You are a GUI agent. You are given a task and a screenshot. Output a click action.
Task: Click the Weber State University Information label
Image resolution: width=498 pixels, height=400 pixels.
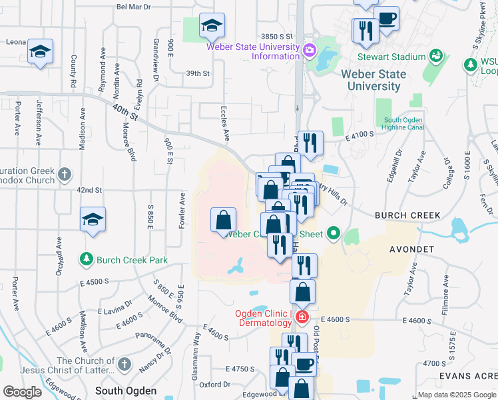(x=253, y=51)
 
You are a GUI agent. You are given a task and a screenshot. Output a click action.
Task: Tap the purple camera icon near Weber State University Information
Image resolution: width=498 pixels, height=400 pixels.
(x=309, y=51)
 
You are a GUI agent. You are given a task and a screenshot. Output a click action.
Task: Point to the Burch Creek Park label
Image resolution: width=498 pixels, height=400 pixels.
(x=131, y=259)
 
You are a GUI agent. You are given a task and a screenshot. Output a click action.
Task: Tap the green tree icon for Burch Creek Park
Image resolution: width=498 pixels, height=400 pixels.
(x=86, y=259)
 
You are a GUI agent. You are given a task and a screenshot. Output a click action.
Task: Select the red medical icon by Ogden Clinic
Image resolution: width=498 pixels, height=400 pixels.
(x=302, y=316)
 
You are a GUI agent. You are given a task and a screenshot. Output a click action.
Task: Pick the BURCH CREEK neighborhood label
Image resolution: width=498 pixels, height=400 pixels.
(x=407, y=215)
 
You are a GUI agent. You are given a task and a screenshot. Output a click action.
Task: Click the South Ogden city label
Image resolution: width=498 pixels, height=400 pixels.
(x=126, y=391)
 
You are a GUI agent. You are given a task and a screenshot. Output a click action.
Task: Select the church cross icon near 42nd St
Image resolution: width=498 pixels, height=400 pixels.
(x=64, y=175)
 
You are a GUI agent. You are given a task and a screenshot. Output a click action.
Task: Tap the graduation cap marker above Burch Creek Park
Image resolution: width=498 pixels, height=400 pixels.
(x=93, y=219)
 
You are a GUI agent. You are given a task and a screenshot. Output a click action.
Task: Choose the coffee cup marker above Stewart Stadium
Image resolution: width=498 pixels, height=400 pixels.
(x=386, y=18)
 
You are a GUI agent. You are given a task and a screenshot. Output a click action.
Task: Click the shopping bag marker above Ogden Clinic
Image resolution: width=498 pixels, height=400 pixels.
(x=303, y=291)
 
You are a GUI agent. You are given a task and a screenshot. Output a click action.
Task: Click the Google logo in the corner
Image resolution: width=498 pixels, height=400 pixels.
(x=22, y=392)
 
